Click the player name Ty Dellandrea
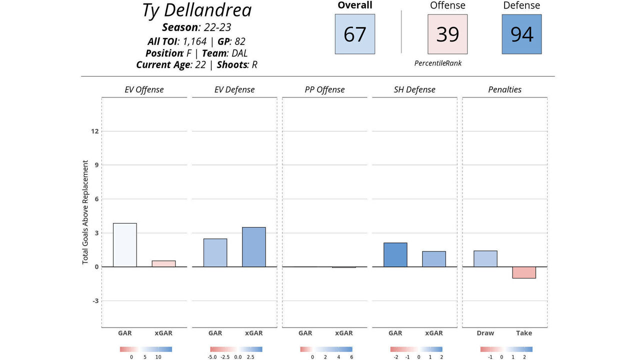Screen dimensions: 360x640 (196, 10)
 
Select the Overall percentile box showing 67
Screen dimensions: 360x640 (355, 34)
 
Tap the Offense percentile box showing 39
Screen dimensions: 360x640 (447, 34)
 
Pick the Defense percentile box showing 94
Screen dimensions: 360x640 (521, 34)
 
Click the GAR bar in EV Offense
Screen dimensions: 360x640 (125, 245)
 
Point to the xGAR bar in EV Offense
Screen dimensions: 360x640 (163, 263)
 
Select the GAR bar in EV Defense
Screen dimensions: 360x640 (215, 252)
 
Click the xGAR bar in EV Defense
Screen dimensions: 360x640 (253, 247)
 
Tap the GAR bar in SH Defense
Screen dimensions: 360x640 (395, 254)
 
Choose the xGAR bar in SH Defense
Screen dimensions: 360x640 (433, 259)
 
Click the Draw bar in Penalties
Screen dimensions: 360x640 (485, 258)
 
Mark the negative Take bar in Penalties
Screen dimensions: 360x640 (524, 272)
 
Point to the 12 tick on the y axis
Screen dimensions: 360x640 (94, 131)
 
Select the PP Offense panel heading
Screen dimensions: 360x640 (324, 90)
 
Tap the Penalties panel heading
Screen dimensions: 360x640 (504, 90)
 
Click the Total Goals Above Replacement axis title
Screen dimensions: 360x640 (85, 212)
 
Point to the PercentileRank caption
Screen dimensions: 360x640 (438, 63)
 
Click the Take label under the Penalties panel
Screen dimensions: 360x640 (524, 333)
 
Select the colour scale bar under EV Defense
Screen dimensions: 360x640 (236, 349)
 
